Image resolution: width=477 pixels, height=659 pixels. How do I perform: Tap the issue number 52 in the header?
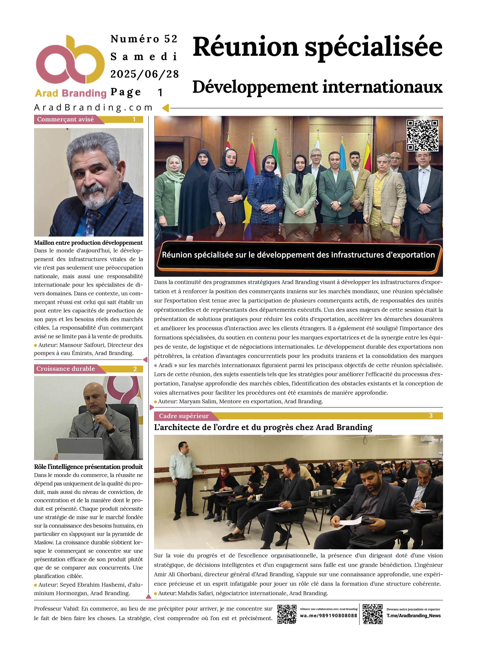tap(171, 39)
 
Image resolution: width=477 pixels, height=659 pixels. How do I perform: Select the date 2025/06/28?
tap(144, 74)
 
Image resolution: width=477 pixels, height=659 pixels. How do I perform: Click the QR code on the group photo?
tap(422, 135)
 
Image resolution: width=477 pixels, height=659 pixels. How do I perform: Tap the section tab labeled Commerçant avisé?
tap(66, 119)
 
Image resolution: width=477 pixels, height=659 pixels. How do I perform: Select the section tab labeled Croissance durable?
tap(66, 369)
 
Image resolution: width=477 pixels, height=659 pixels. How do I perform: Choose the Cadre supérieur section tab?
tap(184, 416)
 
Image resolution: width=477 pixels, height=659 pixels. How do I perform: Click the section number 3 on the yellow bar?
tap(431, 416)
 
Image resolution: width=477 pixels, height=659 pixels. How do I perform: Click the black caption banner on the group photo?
tap(298, 255)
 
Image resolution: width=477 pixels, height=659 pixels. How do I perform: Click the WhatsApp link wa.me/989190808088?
tap(328, 616)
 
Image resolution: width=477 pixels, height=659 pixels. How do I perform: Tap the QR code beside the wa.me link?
tap(287, 614)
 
